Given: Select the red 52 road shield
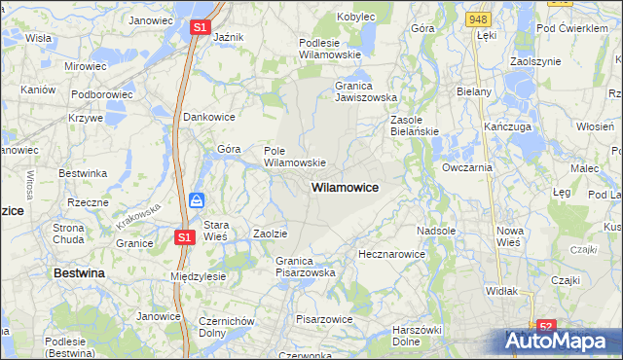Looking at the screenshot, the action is [547, 328].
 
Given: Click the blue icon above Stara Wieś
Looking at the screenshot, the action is [197, 201].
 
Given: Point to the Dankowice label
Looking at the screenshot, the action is [209, 116].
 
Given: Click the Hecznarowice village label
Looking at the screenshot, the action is [391, 253].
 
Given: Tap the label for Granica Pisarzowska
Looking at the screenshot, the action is [305, 267].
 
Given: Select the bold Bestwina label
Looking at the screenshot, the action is [79, 273].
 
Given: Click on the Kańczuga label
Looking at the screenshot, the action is [505, 127].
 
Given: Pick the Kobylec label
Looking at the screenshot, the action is [356, 17].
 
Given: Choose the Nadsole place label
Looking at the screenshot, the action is [436, 231].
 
